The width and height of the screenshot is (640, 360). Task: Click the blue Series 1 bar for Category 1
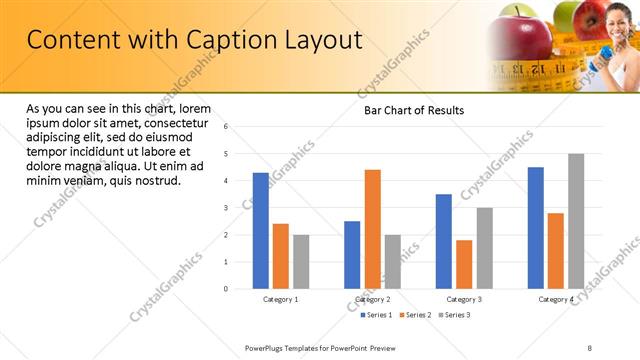coord(260,231)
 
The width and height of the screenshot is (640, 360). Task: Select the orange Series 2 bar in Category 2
coord(372,229)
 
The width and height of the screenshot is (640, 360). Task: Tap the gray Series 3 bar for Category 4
coord(576,221)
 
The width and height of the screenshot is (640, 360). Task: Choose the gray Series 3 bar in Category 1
coord(301,262)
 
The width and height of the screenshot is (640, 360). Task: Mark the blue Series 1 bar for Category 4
coord(536,228)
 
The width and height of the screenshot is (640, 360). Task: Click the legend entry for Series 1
coord(376,315)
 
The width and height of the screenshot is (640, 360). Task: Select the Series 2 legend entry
coord(415,315)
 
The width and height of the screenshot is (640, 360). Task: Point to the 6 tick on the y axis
coord(227,127)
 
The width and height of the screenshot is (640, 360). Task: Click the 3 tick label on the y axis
coord(227,208)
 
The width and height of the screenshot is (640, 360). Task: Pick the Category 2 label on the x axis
coord(372,299)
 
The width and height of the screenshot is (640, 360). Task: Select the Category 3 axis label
coord(464,299)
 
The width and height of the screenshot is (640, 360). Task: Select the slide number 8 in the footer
coord(589,347)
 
